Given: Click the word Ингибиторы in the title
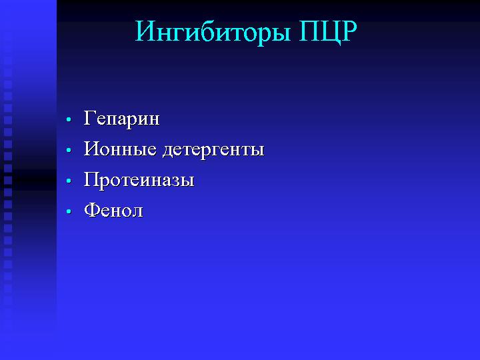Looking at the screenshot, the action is coord(213,33).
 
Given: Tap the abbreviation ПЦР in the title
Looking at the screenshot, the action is coord(328,32).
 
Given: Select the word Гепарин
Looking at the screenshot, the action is coord(121,119).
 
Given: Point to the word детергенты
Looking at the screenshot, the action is coord(214,151).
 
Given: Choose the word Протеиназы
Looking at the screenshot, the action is coord(139,179).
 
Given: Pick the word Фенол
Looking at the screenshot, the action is coord(113,210).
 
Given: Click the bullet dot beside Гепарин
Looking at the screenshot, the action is coord(69,119).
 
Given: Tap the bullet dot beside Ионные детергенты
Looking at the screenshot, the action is coord(69,150).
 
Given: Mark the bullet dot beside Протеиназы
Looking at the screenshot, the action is coord(69,181).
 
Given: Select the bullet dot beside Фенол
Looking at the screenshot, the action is coord(69,211).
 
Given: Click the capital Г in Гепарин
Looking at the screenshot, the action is coord(90,117).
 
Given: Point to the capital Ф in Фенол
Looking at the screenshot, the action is coord(92,210).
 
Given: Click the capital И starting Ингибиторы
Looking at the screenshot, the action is coord(146,31).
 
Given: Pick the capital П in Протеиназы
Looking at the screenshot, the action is coord(92,179).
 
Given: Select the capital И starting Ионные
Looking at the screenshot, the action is coord(92,149).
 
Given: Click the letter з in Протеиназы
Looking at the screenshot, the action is coord(176,181).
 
